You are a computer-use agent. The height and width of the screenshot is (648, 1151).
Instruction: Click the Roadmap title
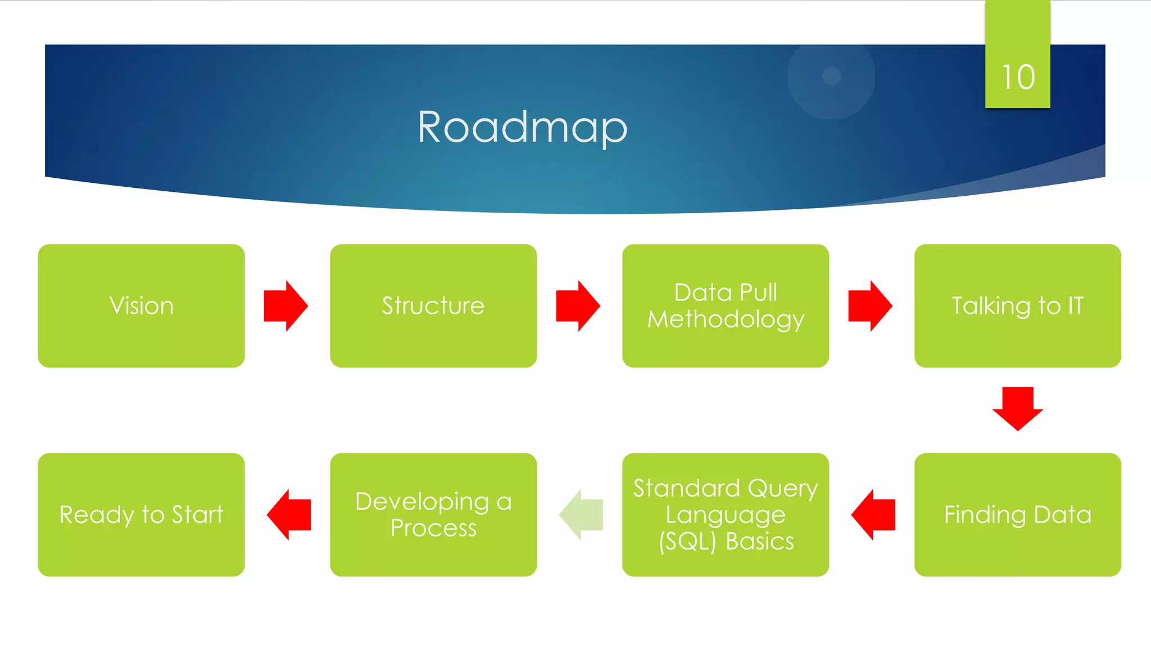coord(522,128)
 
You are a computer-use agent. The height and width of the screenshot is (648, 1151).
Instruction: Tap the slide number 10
coord(1018,77)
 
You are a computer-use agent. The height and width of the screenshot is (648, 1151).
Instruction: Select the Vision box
coord(141,305)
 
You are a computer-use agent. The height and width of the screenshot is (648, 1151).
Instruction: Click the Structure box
coord(433,305)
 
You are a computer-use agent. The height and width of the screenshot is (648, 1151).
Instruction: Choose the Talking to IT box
coord(1017,305)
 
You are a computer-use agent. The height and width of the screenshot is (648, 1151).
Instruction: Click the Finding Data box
coord(1017,514)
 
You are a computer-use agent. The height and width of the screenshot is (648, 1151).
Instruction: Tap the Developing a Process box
coord(433,514)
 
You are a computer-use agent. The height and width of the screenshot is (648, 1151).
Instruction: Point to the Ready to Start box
coord(141,514)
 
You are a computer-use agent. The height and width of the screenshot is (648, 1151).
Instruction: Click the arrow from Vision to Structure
coord(286,305)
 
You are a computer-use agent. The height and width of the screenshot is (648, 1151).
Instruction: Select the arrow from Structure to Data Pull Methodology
coord(578,305)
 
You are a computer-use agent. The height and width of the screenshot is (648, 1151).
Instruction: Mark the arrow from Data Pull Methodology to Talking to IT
coord(870,305)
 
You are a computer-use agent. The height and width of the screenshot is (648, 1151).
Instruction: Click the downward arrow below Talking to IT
coord(1018,409)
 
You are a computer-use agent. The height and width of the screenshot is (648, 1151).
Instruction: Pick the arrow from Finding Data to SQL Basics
coord(873,514)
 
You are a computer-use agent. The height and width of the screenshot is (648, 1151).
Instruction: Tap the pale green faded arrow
coord(581,514)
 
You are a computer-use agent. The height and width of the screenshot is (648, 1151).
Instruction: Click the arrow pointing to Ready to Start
coord(289,514)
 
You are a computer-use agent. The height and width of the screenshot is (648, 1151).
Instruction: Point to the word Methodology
coord(726,319)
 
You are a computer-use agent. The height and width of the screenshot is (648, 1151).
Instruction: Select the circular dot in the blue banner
coord(831,75)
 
